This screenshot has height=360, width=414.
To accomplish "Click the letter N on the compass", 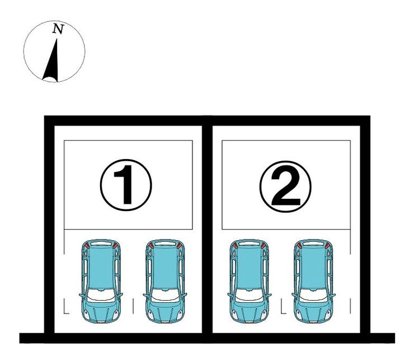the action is pos(58,29).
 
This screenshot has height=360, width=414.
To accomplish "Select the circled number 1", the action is pos(126,185).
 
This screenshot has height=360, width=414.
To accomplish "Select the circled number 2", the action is pos(285,186).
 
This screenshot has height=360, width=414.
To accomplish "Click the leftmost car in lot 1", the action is pos(101,281).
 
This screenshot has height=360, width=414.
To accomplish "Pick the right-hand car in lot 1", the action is pos(164,281).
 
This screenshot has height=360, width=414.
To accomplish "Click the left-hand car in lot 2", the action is pos(249,281).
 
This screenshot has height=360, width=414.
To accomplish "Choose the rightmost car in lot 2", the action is pos(313,281).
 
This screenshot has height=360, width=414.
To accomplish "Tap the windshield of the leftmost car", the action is pos(101,296).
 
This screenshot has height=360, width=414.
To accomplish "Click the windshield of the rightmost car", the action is pos(314,296).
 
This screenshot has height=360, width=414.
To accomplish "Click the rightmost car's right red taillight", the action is pos(327,245).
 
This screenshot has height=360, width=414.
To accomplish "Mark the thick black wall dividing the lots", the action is pos(207,227).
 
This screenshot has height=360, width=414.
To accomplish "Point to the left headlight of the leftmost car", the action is pos(86,314).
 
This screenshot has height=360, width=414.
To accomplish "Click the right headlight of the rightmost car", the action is pos(328,314).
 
